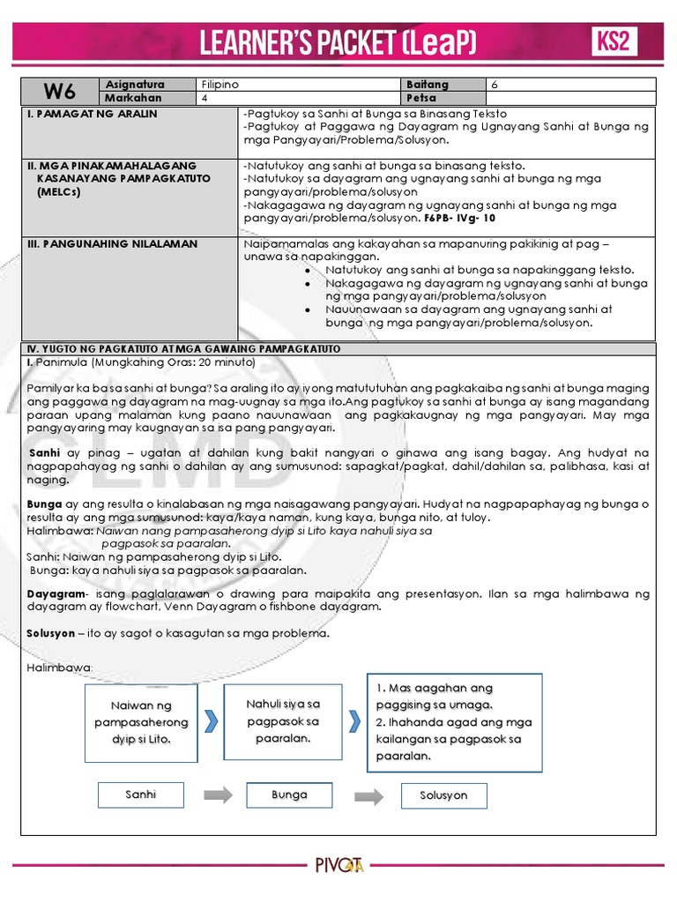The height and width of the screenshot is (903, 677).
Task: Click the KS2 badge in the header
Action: tap(614, 41)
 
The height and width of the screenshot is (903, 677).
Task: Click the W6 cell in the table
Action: tap(61, 91)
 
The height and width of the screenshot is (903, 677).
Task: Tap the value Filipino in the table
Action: tap(219, 85)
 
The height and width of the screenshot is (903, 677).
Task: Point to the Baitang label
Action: tap(428, 85)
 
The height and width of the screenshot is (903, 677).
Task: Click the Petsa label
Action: tap(420, 98)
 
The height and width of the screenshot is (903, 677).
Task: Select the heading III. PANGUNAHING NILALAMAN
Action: tap(112, 243)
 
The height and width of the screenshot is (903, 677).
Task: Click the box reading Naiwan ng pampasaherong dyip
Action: tap(141, 722)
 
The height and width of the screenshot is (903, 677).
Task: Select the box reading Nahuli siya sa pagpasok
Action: tap(282, 720)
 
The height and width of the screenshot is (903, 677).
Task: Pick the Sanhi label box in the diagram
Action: tap(140, 795)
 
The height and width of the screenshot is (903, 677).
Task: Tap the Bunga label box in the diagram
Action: tap(289, 795)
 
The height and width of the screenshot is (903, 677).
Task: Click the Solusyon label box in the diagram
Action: tap(443, 795)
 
